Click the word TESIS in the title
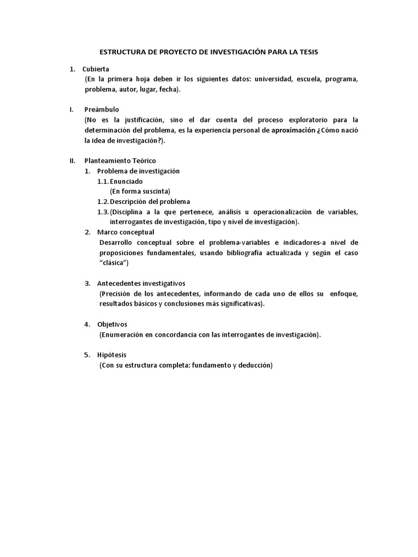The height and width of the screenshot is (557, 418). (x=308, y=52)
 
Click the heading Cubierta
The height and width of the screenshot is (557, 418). (x=96, y=69)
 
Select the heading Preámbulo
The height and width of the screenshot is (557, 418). (x=102, y=109)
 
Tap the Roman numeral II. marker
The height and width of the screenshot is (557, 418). (x=72, y=160)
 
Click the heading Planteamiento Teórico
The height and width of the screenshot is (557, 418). (x=120, y=160)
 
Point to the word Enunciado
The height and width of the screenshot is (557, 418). (x=126, y=181)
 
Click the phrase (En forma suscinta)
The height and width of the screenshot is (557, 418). (x=140, y=191)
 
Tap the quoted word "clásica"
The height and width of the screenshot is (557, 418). (x=115, y=263)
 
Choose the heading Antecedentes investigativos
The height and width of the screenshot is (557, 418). (x=141, y=283)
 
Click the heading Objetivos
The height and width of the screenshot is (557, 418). (x=112, y=324)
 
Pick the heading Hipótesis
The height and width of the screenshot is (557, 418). (x=112, y=355)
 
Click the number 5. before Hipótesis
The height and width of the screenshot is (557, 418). (x=87, y=355)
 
